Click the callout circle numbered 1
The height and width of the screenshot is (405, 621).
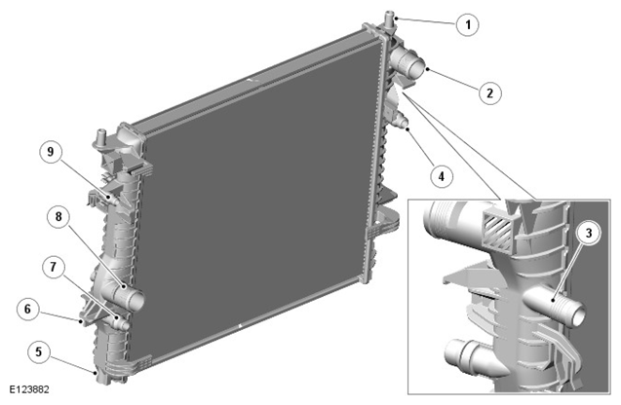pyautogui.click(x=468, y=25)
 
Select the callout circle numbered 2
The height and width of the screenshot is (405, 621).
pyautogui.click(x=490, y=92)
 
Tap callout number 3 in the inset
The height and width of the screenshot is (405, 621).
pyautogui.click(x=589, y=233)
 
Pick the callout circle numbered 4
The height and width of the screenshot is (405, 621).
pyautogui.click(x=442, y=176)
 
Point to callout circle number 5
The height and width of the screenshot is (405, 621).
pyautogui.click(x=38, y=351)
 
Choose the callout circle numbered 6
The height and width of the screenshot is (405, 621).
pyautogui.click(x=27, y=309)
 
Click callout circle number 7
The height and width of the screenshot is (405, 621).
pyautogui.click(x=54, y=267)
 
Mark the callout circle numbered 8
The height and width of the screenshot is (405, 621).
pyautogui.click(x=58, y=217)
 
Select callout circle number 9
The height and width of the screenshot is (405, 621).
pyautogui.click(x=51, y=152)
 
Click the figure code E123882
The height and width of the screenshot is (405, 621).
pyautogui.click(x=29, y=389)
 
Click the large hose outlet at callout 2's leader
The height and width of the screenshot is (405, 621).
pyautogui.click(x=408, y=64)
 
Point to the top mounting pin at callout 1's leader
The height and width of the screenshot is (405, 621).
pyautogui.click(x=389, y=19)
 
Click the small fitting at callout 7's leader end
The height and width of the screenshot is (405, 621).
pyautogui.click(x=121, y=323)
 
